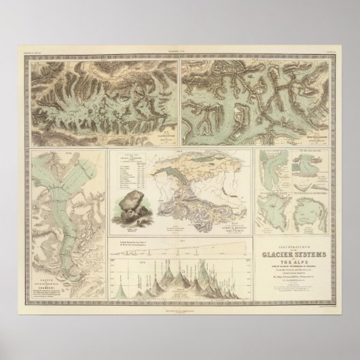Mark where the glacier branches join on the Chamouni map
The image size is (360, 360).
58,173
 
